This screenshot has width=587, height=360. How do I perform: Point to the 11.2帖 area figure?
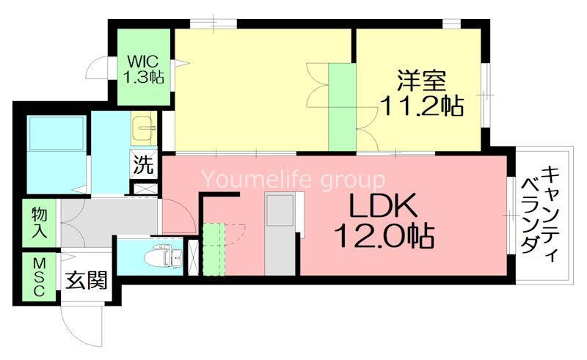coord(421,107)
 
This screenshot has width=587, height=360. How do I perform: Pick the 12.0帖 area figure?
coord(383,236)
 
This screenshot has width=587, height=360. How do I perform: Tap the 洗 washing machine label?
coord(144,164)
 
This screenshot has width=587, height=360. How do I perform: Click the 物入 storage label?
coord(39,222)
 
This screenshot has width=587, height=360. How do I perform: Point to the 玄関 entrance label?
coord(87,280)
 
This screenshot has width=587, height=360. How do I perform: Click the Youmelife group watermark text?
coord(293,179)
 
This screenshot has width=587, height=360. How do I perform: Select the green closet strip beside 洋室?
coord(341,107)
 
